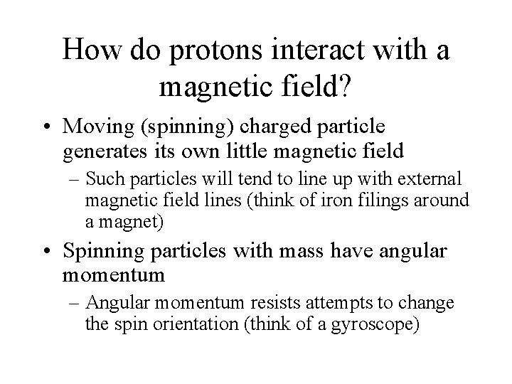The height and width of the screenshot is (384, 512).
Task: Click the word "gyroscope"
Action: pos(377,325)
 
